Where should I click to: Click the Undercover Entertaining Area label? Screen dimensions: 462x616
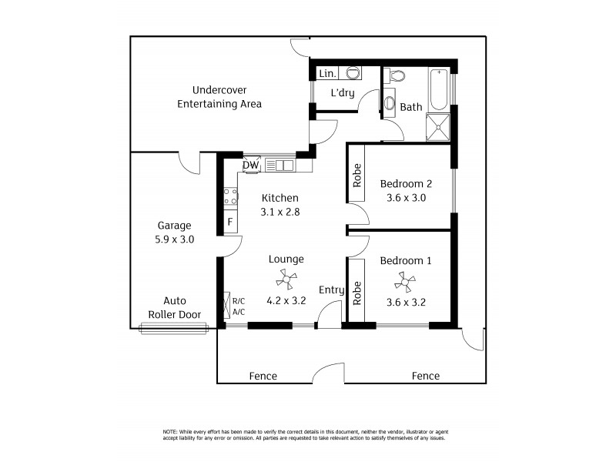click(219, 96)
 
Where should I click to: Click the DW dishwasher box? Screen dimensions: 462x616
click(251, 165)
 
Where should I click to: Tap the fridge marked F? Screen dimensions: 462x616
click(229, 223)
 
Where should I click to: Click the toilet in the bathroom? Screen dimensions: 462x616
click(397, 76)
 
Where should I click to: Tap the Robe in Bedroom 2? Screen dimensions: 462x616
click(357, 177)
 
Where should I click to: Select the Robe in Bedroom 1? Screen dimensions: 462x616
click(357, 293)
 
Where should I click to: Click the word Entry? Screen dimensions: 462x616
click(332, 290)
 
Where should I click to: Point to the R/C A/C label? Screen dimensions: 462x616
click(238, 306)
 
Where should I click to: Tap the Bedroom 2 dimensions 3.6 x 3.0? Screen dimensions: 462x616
click(406, 197)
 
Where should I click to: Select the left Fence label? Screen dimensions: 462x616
click(263, 376)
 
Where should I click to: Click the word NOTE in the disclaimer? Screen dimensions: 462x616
click(171, 430)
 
